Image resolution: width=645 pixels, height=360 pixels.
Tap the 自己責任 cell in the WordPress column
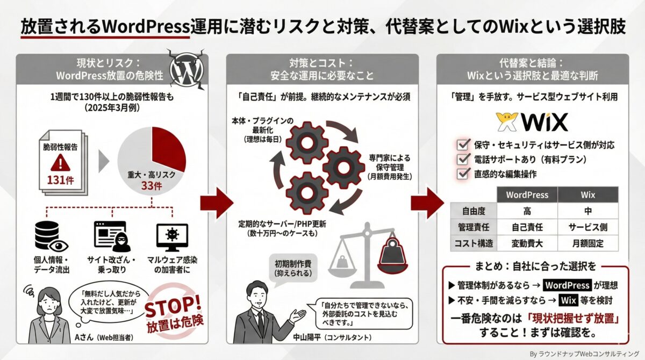point(527,227)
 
